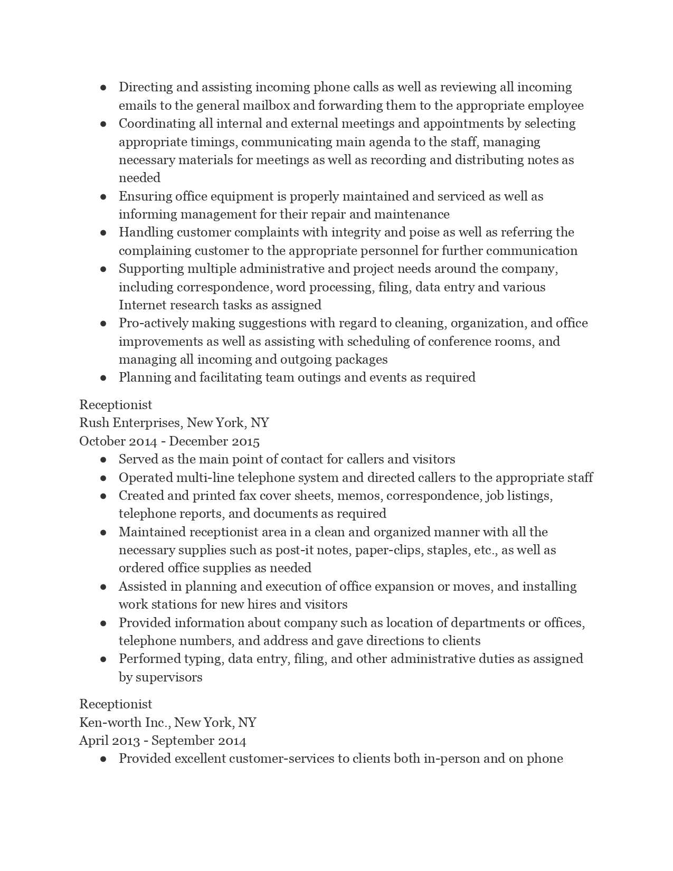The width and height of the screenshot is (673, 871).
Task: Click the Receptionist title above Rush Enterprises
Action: point(116,405)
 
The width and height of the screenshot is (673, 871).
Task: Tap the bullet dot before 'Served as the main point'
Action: point(103,460)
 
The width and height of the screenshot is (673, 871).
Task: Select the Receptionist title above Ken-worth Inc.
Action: point(116,704)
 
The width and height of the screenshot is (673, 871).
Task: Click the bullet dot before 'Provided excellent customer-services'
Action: point(103,759)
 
